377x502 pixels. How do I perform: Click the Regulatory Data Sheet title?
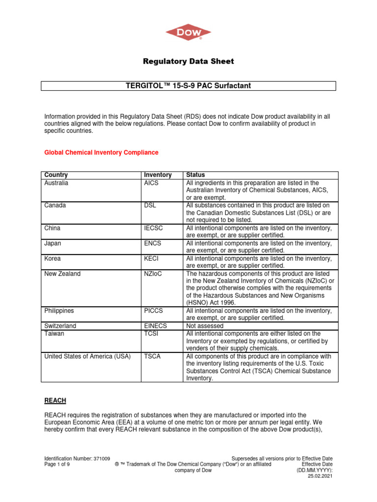[188, 62]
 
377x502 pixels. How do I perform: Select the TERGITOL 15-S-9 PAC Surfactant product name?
[188, 86]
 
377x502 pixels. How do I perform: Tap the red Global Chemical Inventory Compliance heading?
[101, 152]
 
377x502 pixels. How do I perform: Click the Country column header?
[56, 175]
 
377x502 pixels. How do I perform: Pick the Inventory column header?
[158, 175]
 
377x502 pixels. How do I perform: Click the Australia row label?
[56, 183]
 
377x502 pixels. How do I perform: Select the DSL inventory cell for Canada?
[149, 205]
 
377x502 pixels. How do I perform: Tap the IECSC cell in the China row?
[152, 228]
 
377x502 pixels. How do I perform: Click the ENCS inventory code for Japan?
[152, 243]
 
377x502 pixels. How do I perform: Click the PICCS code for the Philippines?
[153, 310]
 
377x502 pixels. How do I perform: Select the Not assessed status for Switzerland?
[205, 326]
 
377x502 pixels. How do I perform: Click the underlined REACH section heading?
[55, 401]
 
